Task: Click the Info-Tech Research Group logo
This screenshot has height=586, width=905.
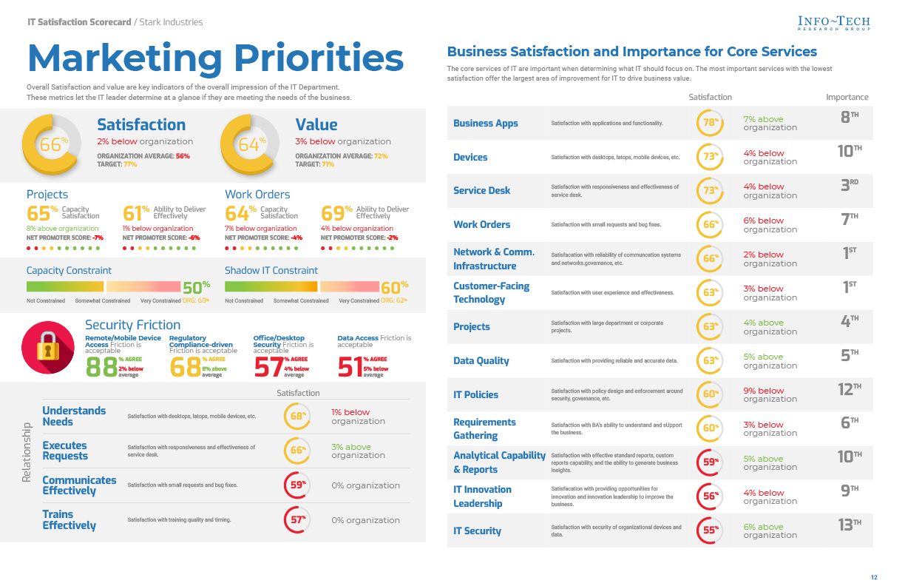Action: click(834, 23)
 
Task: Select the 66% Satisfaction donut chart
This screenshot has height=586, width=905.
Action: click(50, 144)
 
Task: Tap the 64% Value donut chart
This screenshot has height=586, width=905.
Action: click(250, 144)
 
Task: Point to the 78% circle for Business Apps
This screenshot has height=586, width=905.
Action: click(711, 123)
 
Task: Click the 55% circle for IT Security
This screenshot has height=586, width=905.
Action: click(711, 531)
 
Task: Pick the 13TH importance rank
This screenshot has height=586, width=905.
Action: click(850, 525)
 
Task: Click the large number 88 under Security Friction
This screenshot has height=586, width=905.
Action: click(101, 367)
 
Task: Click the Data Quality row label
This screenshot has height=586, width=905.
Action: click(481, 361)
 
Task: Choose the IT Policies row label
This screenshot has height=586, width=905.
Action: click(475, 395)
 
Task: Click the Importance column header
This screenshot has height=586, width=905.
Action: click(847, 97)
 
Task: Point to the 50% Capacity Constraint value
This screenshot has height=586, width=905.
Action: click(196, 287)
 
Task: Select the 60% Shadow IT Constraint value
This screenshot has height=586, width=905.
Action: click(394, 287)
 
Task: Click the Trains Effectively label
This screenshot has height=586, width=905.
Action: click(69, 520)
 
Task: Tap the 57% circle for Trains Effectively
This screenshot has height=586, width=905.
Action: click(297, 519)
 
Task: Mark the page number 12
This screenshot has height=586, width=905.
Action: click(873, 577)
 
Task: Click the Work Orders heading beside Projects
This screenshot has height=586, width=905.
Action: click(257, 195)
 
